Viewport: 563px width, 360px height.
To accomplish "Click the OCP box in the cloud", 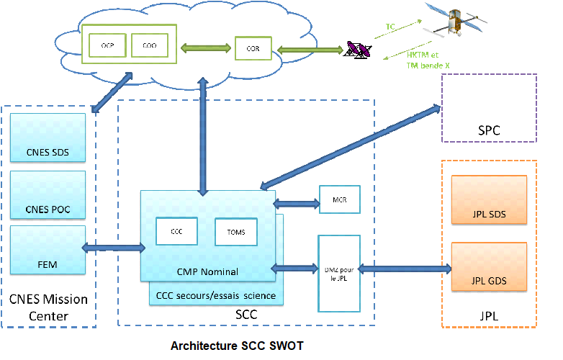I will [108, 46].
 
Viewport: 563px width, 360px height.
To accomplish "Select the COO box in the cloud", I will [150, 46].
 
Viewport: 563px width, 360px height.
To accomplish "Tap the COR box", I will [253, 49].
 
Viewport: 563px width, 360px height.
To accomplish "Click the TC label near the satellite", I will [390, 26].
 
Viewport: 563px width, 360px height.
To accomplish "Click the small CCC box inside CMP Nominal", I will [176, 231].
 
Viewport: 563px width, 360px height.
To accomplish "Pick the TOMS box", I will [236, 232].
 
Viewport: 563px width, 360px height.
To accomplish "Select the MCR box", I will [339, 199].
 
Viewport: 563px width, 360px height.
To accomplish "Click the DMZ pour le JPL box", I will [339, 272].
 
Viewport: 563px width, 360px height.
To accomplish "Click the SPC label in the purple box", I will [489, 131].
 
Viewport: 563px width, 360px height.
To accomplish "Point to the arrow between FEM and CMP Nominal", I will [113, 248].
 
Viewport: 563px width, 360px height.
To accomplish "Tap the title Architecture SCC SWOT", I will [237, 346].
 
